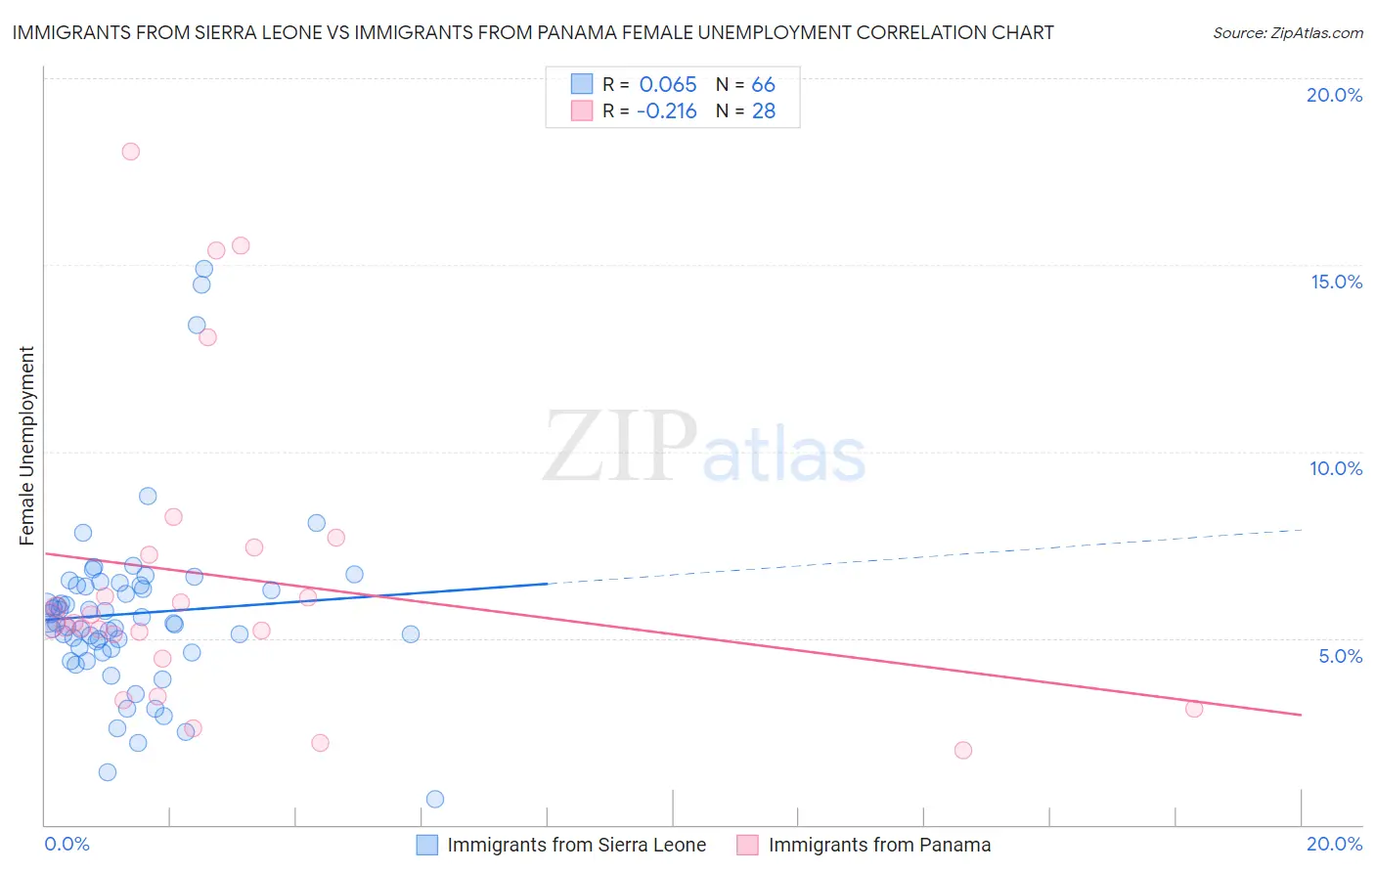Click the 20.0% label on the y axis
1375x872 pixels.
click(1334, 95)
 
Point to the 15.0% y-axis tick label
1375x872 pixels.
click(1336, 282)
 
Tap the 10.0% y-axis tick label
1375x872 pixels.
click(1336, 468)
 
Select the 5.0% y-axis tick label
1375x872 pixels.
click(1340, 656)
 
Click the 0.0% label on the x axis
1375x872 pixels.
click(67, 844)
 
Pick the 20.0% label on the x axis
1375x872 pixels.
click(1334, 844)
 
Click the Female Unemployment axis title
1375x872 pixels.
click(26, 446)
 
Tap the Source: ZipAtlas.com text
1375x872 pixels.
click(1287, 33)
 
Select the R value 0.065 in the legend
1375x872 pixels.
click(668, 85)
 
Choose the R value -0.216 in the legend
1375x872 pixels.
click(666, 111)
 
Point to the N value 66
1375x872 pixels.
click(763, 85)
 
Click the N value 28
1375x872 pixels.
click(763, 111)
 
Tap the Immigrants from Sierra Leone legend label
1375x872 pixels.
click(576, 845)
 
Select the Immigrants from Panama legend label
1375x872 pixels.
click(879, 845)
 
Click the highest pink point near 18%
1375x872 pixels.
click(130, 152)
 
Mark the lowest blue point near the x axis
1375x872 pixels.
click(435, 799)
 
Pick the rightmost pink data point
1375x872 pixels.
click(1194, 709)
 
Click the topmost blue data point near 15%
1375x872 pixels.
click(203, 269)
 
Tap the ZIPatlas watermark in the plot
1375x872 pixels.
click(704, 448)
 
